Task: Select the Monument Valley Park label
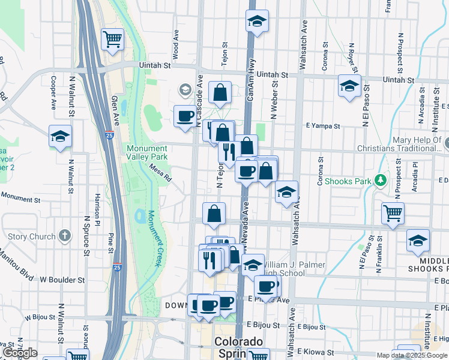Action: coord(147,153)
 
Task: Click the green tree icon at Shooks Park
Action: coord(379,180)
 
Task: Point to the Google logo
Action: coord(20,353)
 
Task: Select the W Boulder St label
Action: coord(62,280)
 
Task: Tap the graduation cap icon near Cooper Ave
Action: coord(60,136)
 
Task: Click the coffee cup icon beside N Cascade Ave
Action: coord(185,115)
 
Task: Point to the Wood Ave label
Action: coord(176,44)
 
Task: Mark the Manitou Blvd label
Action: coord(16,260)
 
